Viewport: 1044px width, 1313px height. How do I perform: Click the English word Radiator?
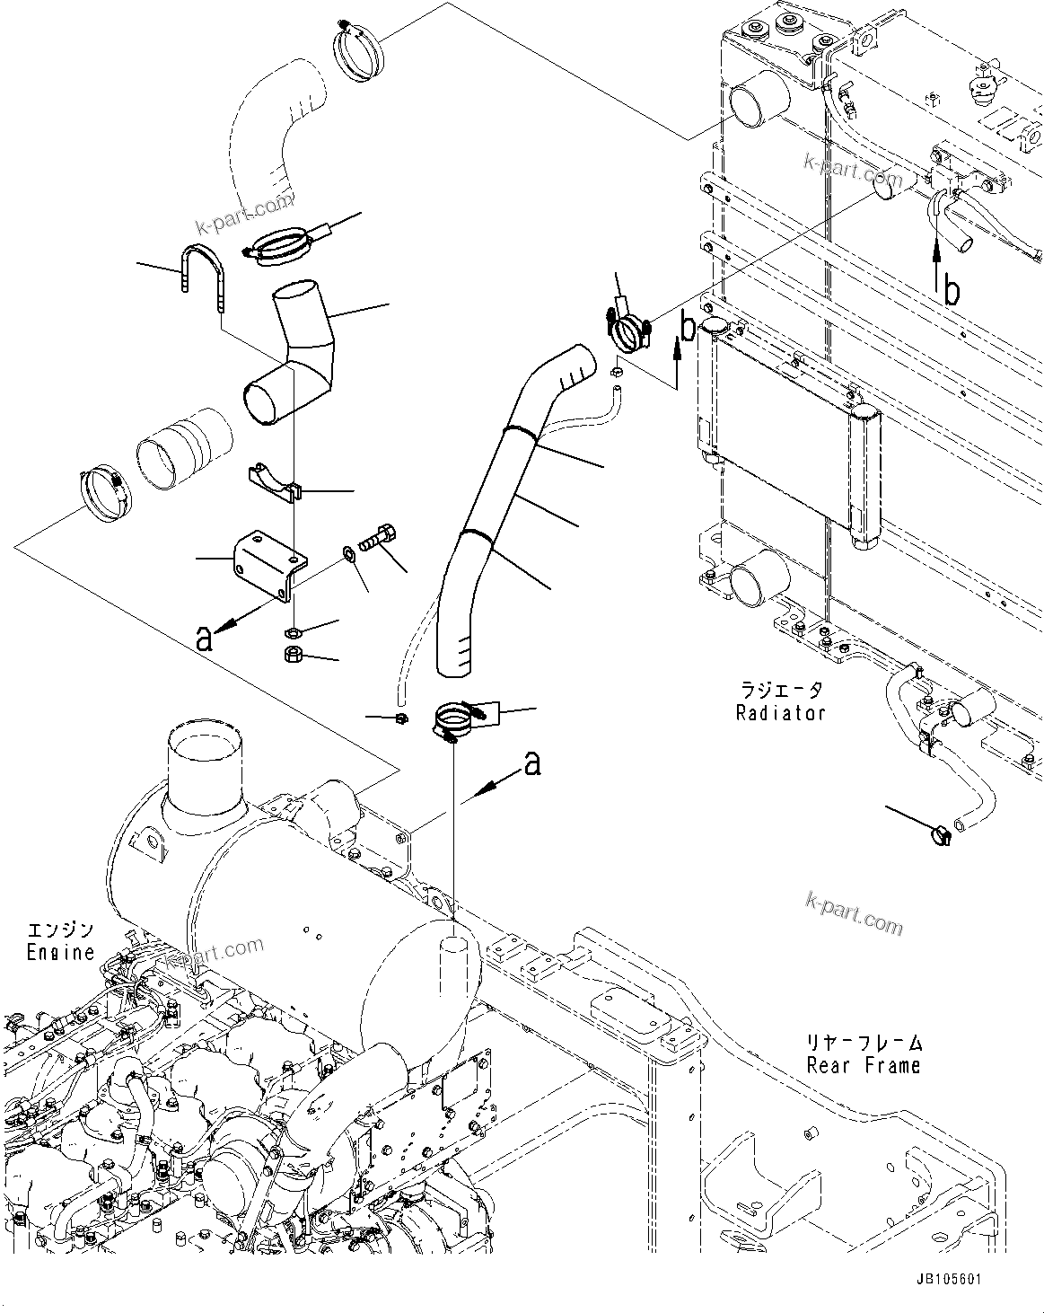pyautogui.click(x=780, y=713)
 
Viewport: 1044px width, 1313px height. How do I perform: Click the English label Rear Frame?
pyautogui.click(x=864, y=1065)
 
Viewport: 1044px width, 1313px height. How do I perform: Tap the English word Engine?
pyautogui.click(x=60, y=952)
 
